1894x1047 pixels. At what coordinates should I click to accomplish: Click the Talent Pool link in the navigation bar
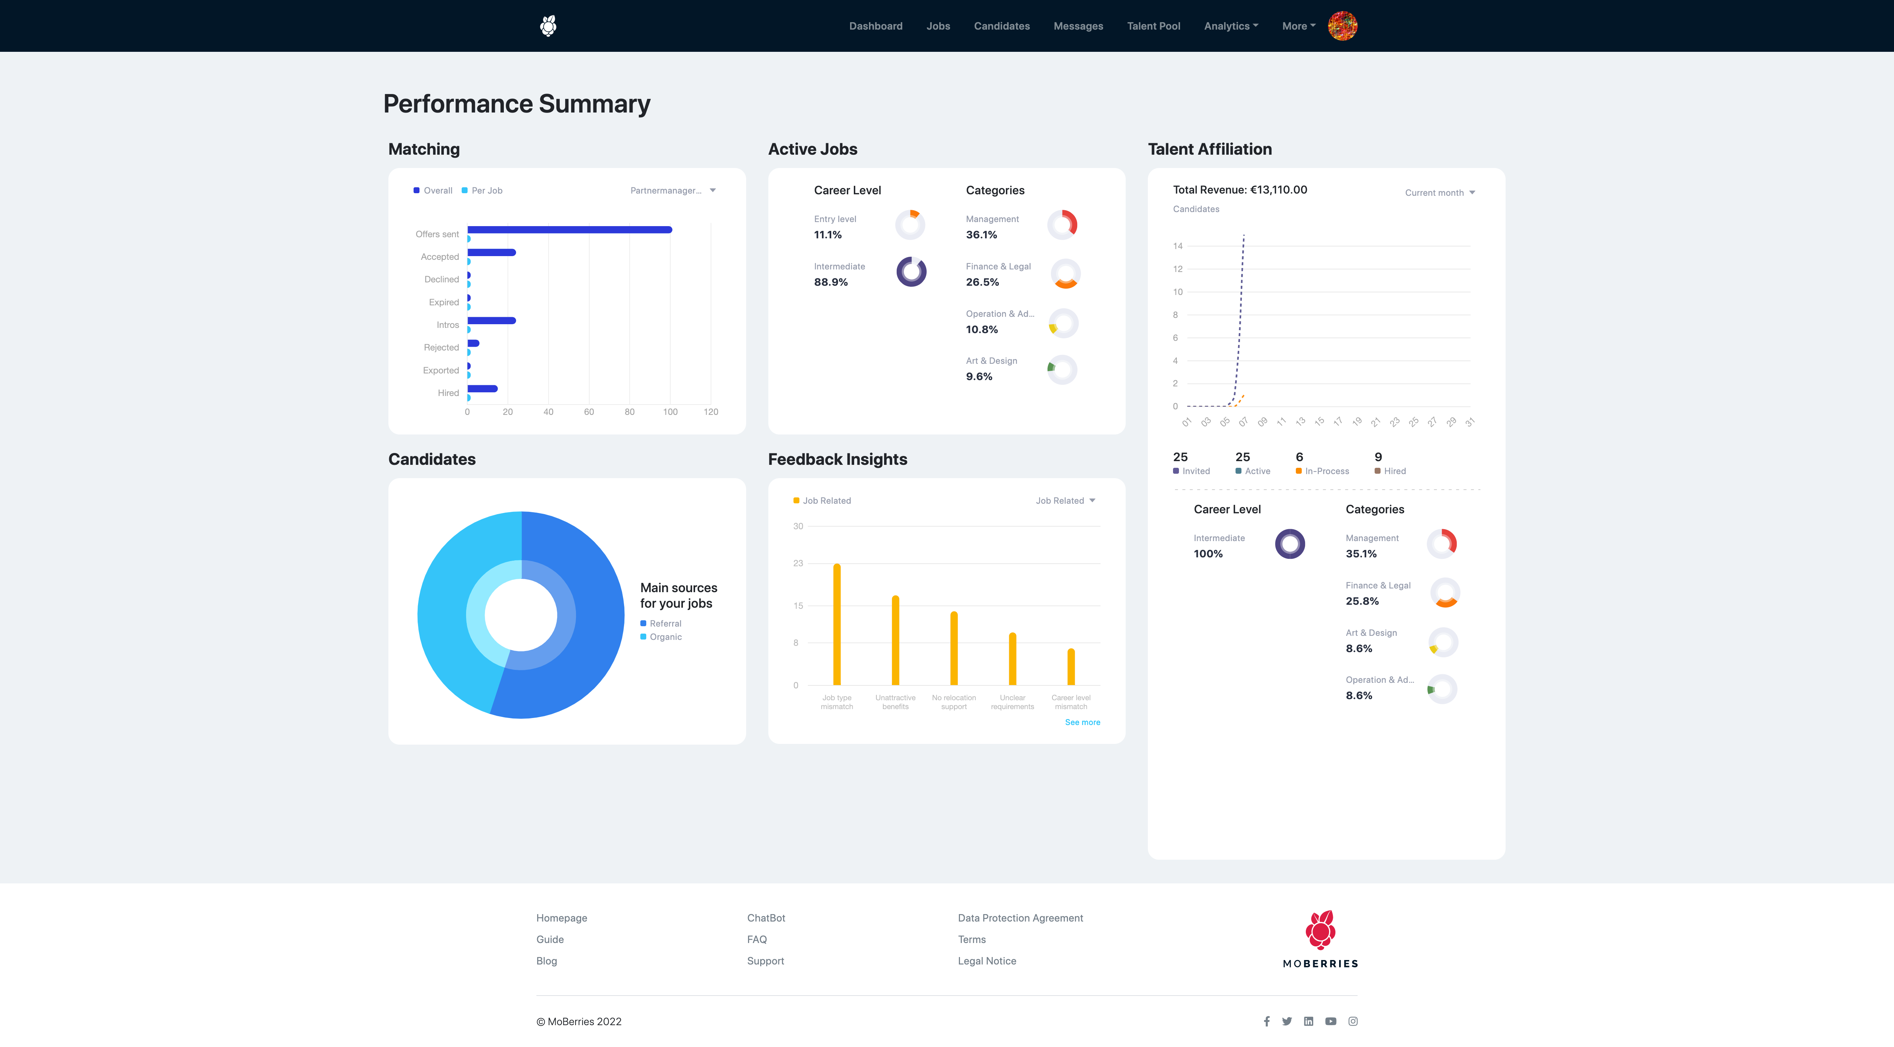pyautogui.click(x=1153, y=26)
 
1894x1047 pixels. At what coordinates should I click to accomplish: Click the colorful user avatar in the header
pyautogui.click(x=1342, y=26)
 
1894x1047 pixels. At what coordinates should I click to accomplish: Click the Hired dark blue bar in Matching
pyautogui.click(x=482, y=389)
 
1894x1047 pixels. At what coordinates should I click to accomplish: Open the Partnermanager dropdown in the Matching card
pyautogui.click(x=672, y=191)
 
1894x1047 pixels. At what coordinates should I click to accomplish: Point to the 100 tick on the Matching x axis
pyautogui.click(x=670, y=412)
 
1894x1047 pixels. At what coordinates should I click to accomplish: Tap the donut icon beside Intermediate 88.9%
pyautogui.click(x=911, y=272)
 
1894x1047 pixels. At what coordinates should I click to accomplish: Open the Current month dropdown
pyautogui.click(x=1439, y=193)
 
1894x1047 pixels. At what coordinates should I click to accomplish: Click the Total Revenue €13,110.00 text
pyautogui.click(x=1240, y=190)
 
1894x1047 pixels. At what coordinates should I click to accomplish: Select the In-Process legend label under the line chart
pyautogui.click(x=1327, y=471)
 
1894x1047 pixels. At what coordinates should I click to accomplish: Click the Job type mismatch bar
pyautogui.click(x=837, y=624)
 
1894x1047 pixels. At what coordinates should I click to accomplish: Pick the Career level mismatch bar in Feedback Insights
pyautogui.click(x=1071, y=667)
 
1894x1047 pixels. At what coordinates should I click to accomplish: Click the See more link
pyautogui.click(x=1082, y=722)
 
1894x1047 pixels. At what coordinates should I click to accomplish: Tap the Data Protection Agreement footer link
pyautogui.click(x=1020, y=918)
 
